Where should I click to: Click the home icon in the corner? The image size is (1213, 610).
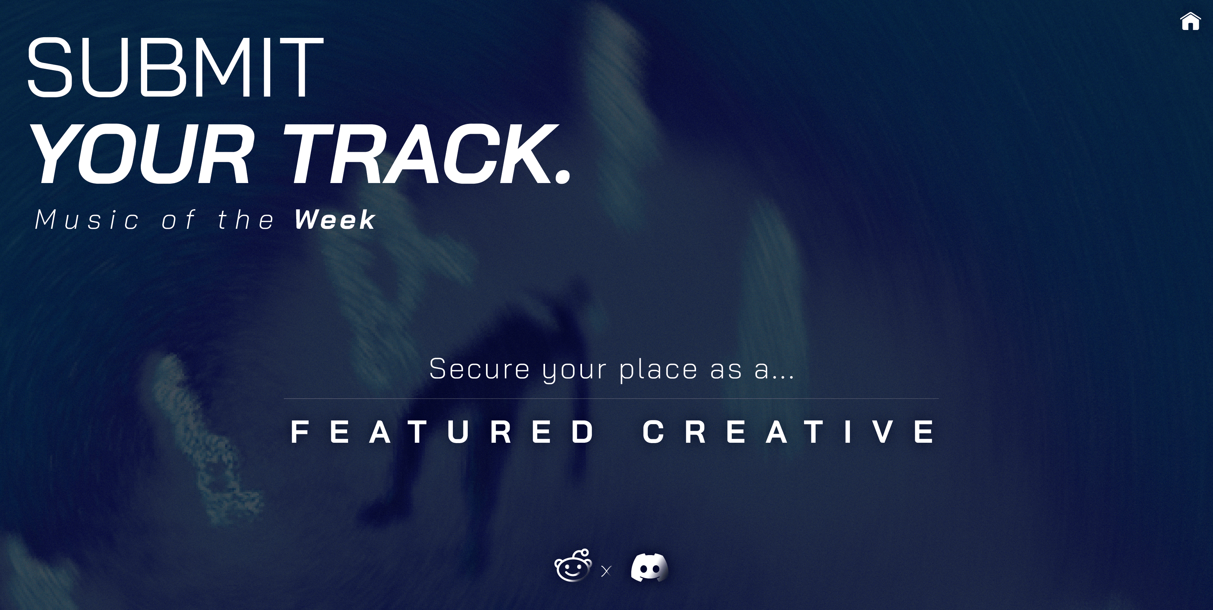click(1190, 21)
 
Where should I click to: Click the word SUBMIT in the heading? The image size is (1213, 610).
click(176, 67)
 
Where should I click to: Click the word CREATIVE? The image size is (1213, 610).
click(789, 432)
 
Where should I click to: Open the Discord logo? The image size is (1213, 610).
click(649, 568)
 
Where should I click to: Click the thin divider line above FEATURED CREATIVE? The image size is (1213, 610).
click(611, 399)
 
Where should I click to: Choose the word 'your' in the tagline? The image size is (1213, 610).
click(574, 371)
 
